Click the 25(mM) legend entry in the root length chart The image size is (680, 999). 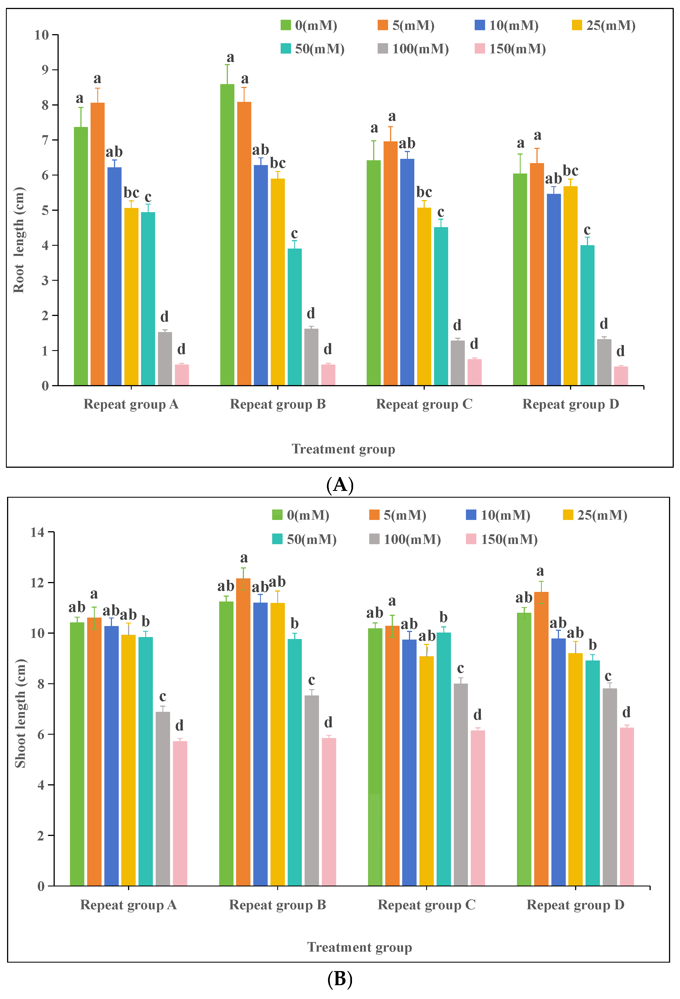click(604, 25)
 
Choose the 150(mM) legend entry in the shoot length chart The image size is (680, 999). click(502, 539)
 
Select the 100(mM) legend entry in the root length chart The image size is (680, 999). click(413, 49)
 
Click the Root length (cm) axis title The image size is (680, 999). click(19, 240)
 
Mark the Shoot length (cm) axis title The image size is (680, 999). click(20, 713)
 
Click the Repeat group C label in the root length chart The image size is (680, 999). click(424, 404)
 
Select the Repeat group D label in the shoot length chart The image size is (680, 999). click(575, 905)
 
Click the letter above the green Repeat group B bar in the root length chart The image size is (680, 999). click(230, 57)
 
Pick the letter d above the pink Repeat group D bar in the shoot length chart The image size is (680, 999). click(626, 712)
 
